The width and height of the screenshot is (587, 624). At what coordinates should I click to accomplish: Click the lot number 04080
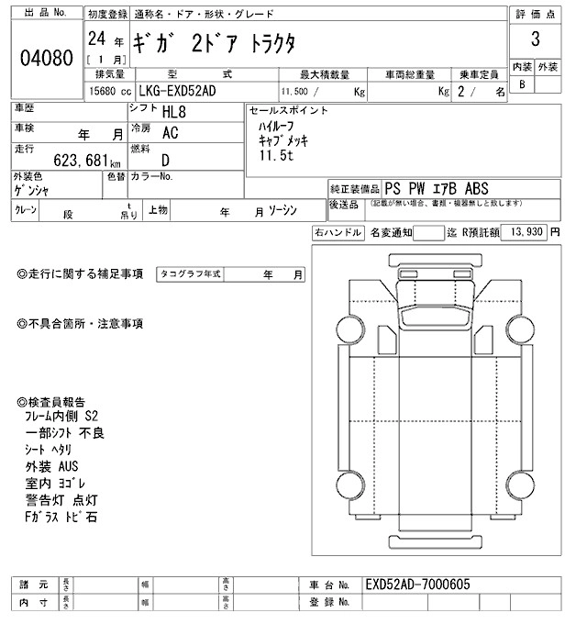[46, 57]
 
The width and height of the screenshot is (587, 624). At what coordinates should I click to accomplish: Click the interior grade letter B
[523, 84]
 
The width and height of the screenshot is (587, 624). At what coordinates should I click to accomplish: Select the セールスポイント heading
[287, 109]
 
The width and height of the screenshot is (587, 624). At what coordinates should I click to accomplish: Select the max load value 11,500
[295, 93]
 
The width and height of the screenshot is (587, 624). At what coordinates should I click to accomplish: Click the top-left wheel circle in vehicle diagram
[349, 329]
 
